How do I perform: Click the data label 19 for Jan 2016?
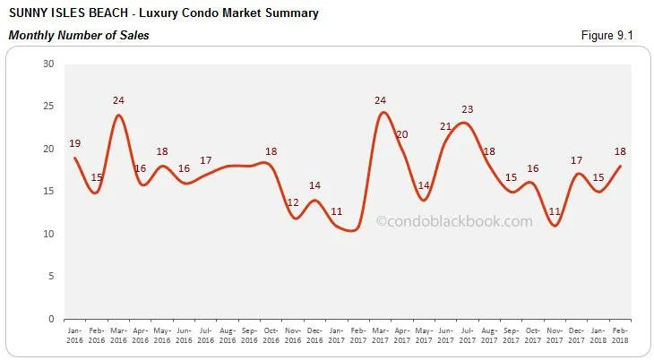(x=74, y=143)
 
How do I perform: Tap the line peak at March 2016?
(x=117, y=115)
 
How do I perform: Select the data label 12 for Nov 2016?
(x=292, y=203)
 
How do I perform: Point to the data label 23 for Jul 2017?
(x=467, y=109)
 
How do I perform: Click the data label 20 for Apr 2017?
(x=401, y=134)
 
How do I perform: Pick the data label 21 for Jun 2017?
(x=445, y=126)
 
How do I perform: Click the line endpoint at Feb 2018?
(x=620, y=166)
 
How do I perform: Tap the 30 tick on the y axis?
(x=49, y=64)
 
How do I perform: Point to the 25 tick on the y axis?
(x=49, y=107)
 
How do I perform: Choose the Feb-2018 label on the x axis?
(x=620, y=336)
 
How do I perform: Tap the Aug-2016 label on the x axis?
(x=227, y=336)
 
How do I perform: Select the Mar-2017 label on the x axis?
(x=380, y=336)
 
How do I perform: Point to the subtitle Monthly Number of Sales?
(x=79, y=35)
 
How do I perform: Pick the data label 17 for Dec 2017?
(x=576, y=160)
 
